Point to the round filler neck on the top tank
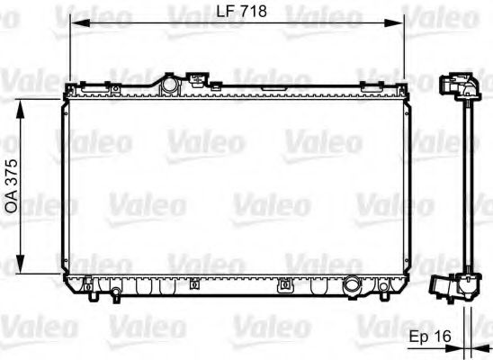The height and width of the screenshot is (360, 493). (168, 83)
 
